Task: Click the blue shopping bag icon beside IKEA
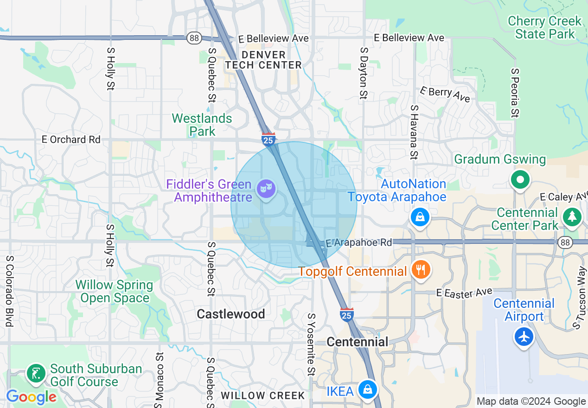click(367, 389)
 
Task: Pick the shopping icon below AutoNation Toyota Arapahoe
click(420, 217)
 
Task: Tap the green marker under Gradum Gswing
click(520, 179)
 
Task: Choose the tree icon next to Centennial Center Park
click(572, 217)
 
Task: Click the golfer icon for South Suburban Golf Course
click(36, 373)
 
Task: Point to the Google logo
click(31, 397)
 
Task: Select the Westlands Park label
click(202, 125)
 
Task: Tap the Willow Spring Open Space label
click(115, 291)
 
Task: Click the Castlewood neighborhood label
click(231, 314)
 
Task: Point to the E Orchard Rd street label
click(71, 140)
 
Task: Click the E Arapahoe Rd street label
click(358, 242)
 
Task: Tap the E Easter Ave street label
click(464, 293)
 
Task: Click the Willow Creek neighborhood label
click(262, 395)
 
